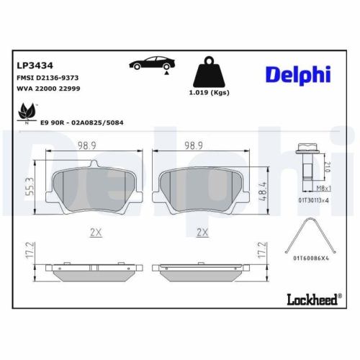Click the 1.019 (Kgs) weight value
click(210, 94)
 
